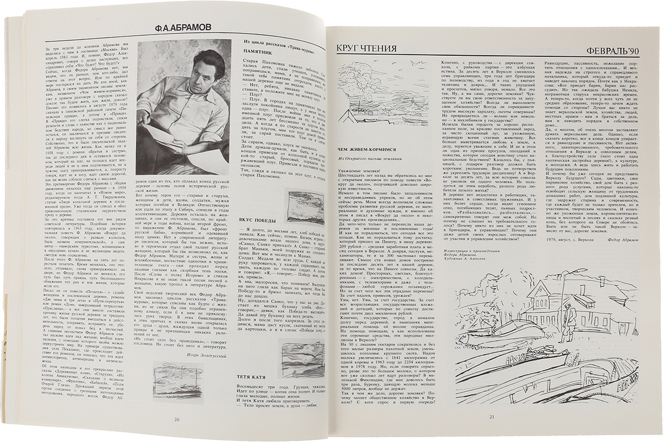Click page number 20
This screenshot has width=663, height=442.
pos(177,419)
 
